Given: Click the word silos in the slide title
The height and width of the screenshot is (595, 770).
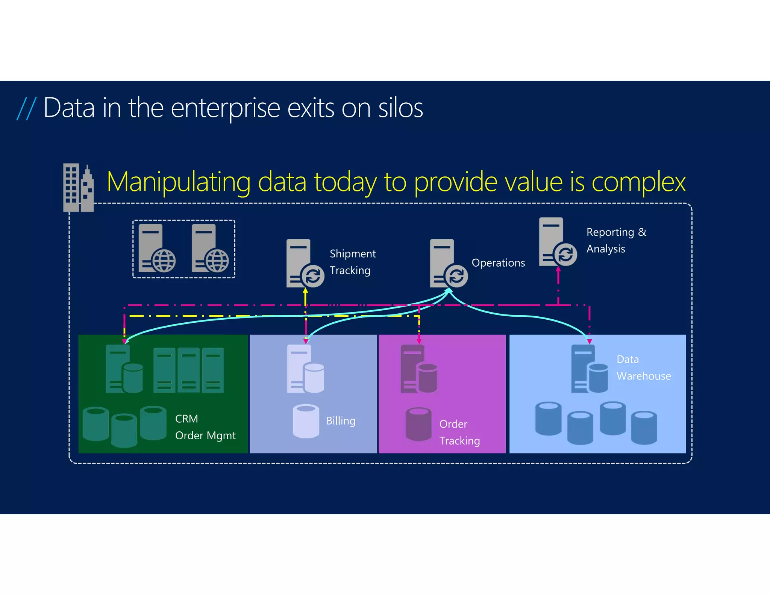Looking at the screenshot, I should pos(400,108).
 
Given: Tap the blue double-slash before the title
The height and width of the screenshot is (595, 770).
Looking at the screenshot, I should pos(26,108).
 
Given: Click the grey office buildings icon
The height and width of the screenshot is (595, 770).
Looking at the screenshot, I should pos(78,188).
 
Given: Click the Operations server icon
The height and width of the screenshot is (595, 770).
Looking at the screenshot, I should pos(448,263).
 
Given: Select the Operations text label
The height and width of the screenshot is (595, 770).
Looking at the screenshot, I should pos(498,263).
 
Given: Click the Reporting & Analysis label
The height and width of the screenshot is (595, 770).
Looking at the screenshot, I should pos(616,240).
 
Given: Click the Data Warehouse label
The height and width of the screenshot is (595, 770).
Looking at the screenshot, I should pos(643,367).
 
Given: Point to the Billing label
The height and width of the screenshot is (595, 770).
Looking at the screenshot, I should pos(341,420).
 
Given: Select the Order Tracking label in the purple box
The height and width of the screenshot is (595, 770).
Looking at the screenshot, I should pos(459,432).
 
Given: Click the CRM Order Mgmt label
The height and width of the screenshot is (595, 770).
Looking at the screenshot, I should pos(205,427).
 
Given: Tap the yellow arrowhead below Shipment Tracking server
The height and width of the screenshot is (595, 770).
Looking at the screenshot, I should pos(305,291).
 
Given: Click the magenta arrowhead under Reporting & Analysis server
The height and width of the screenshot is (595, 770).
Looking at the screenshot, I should pos(558,269).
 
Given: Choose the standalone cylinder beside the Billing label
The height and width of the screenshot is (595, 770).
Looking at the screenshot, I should pos(306,421).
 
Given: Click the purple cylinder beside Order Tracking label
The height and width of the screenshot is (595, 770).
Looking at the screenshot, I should pos(418,424).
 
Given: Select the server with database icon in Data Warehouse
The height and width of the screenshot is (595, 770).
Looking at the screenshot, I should pos(589,369).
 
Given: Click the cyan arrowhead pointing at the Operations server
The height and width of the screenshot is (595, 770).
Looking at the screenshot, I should pos(449,290).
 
